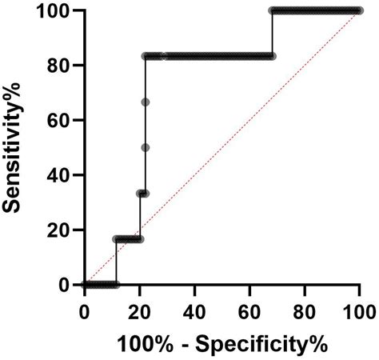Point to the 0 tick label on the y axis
click(66, 285)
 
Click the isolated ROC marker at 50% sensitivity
click(146, 147)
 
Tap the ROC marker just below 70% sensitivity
click(146, 102)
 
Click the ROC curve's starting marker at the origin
click(85, 285)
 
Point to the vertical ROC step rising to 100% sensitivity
click(272, 34)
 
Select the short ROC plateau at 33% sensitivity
click(142, 194)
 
